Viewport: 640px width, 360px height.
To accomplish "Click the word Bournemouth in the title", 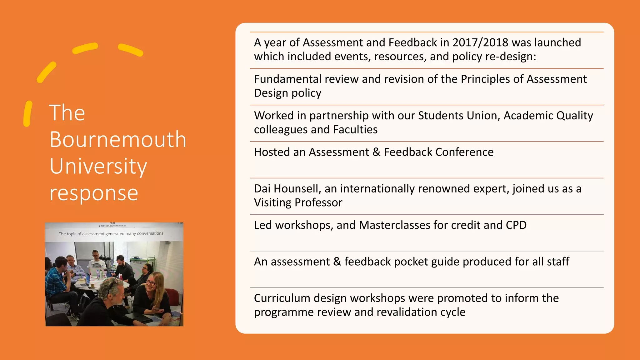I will tap(118, 139).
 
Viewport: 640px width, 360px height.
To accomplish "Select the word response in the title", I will tap(94, 193).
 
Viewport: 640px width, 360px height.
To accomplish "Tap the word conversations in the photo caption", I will tap(150, 233).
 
